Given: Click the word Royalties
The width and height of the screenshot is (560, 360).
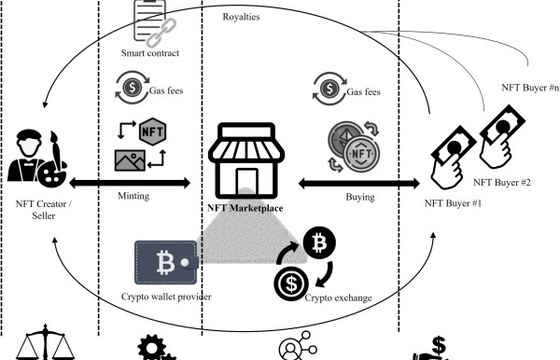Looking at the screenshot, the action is tap(241, 17).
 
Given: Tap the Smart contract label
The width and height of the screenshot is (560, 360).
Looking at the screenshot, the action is tap(150, 53).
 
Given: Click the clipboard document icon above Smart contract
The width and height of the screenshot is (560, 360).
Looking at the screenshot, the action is tap(150, 20).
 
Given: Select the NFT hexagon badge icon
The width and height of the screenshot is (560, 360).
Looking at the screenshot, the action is tap(152, 131).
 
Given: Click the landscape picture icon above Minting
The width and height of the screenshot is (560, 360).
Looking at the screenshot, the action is tap(130, 160).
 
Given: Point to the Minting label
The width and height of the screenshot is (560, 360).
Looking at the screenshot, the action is tap(134, 196).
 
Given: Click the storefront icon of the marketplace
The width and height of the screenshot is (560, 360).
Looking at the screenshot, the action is tap(246, 160).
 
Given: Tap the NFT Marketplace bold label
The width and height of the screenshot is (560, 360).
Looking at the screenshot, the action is tap(245, 208).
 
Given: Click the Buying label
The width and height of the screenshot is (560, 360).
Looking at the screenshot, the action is tap(360, 197).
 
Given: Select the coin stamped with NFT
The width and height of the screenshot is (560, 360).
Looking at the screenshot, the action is tap(361, 154).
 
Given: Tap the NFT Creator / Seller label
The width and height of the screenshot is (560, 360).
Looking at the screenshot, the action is tap(44, 210).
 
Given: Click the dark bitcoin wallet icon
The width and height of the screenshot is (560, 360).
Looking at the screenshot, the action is tap(166, 262).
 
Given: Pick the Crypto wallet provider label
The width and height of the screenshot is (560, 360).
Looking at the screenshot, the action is tap(166, 297).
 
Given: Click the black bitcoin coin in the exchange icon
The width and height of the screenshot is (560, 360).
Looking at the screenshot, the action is tap(319, 242).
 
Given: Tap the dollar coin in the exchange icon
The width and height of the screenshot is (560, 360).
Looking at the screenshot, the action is tap(291, 284).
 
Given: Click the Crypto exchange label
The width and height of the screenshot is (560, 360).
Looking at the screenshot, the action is tap(338, 298).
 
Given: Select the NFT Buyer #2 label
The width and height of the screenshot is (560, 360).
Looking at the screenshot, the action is tap(502, 182).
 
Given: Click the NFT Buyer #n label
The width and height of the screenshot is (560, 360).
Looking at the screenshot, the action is tap(530, 88).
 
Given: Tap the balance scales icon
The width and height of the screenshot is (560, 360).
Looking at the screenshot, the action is tap(45, 342).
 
